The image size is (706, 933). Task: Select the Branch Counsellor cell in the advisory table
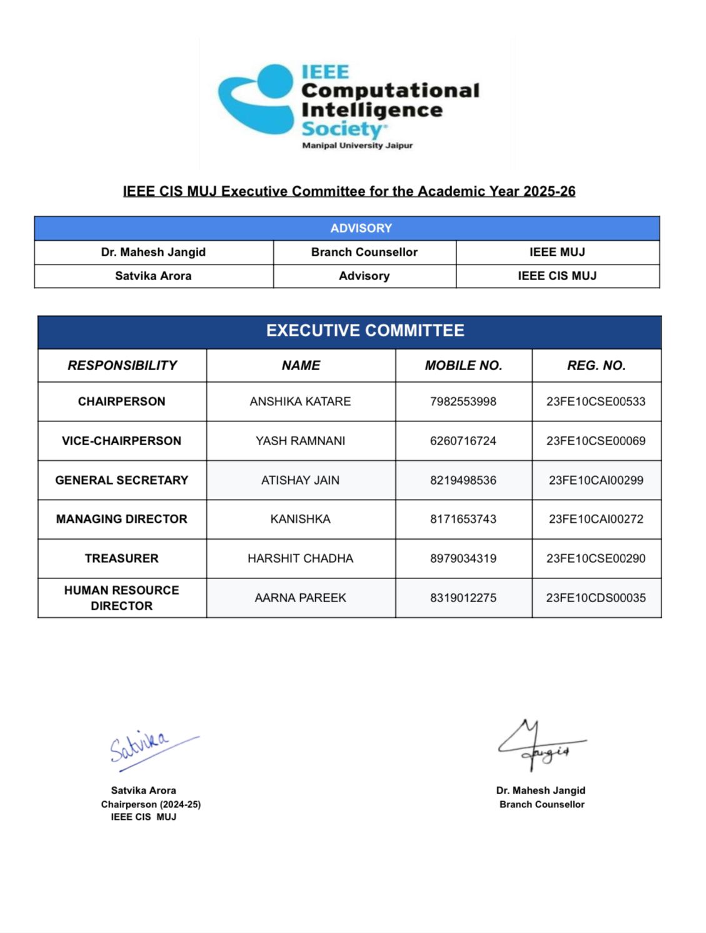364,252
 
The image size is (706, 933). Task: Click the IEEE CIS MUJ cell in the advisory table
557,276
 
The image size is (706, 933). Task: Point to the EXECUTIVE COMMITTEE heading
365,331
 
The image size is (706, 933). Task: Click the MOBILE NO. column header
463,366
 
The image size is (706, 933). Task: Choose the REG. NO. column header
596,366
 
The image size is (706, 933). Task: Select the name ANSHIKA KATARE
300,401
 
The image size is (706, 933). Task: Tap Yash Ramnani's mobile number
463,441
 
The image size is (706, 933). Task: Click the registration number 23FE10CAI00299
596,480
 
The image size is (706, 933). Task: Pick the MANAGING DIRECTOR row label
121,519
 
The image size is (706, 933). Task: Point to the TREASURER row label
121,558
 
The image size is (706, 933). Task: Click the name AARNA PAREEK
300,598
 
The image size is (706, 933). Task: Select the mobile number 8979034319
463,558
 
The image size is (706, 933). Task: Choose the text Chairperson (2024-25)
151,804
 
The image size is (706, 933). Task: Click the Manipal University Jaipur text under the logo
357,146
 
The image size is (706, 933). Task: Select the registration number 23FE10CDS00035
596,598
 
